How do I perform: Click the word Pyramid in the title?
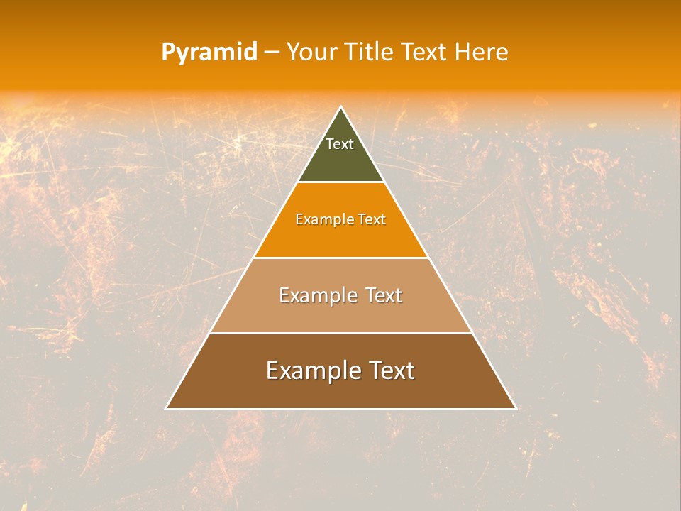[x=209, y=53]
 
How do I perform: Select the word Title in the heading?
[x=370, y=53]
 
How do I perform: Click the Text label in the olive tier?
[x=340, y=144]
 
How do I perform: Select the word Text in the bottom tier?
[x=390, y=370]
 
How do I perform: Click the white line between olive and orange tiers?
[x=340, y=182]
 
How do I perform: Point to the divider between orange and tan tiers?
[x=340, y=258]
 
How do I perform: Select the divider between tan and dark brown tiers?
[x=340, y=333]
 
